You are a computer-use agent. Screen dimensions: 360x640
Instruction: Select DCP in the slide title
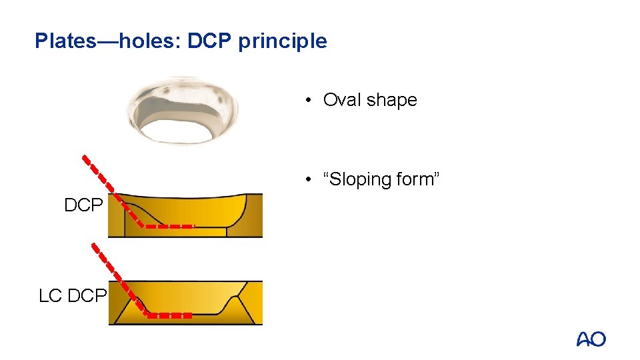point(209,41)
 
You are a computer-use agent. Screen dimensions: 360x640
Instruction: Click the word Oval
point(343,100)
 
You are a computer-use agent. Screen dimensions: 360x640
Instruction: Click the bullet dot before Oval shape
point(309,101)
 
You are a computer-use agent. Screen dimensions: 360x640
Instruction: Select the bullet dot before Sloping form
point(309,180)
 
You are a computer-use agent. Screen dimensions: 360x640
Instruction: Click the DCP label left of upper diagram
point(83,206)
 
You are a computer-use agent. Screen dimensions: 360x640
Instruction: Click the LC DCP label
point(73,295)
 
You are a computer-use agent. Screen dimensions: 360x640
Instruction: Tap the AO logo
point(591,339)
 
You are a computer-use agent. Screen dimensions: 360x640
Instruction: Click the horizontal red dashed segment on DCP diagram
point(169,227)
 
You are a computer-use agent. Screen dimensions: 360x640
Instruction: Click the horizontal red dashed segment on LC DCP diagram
point(169,315)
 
